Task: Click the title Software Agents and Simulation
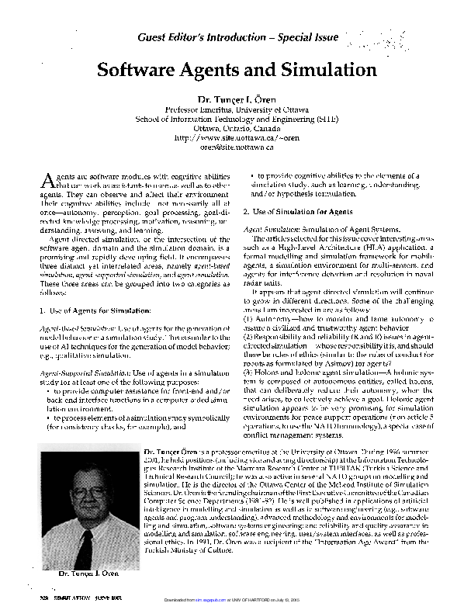[237, 69]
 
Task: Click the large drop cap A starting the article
[46, 181]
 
